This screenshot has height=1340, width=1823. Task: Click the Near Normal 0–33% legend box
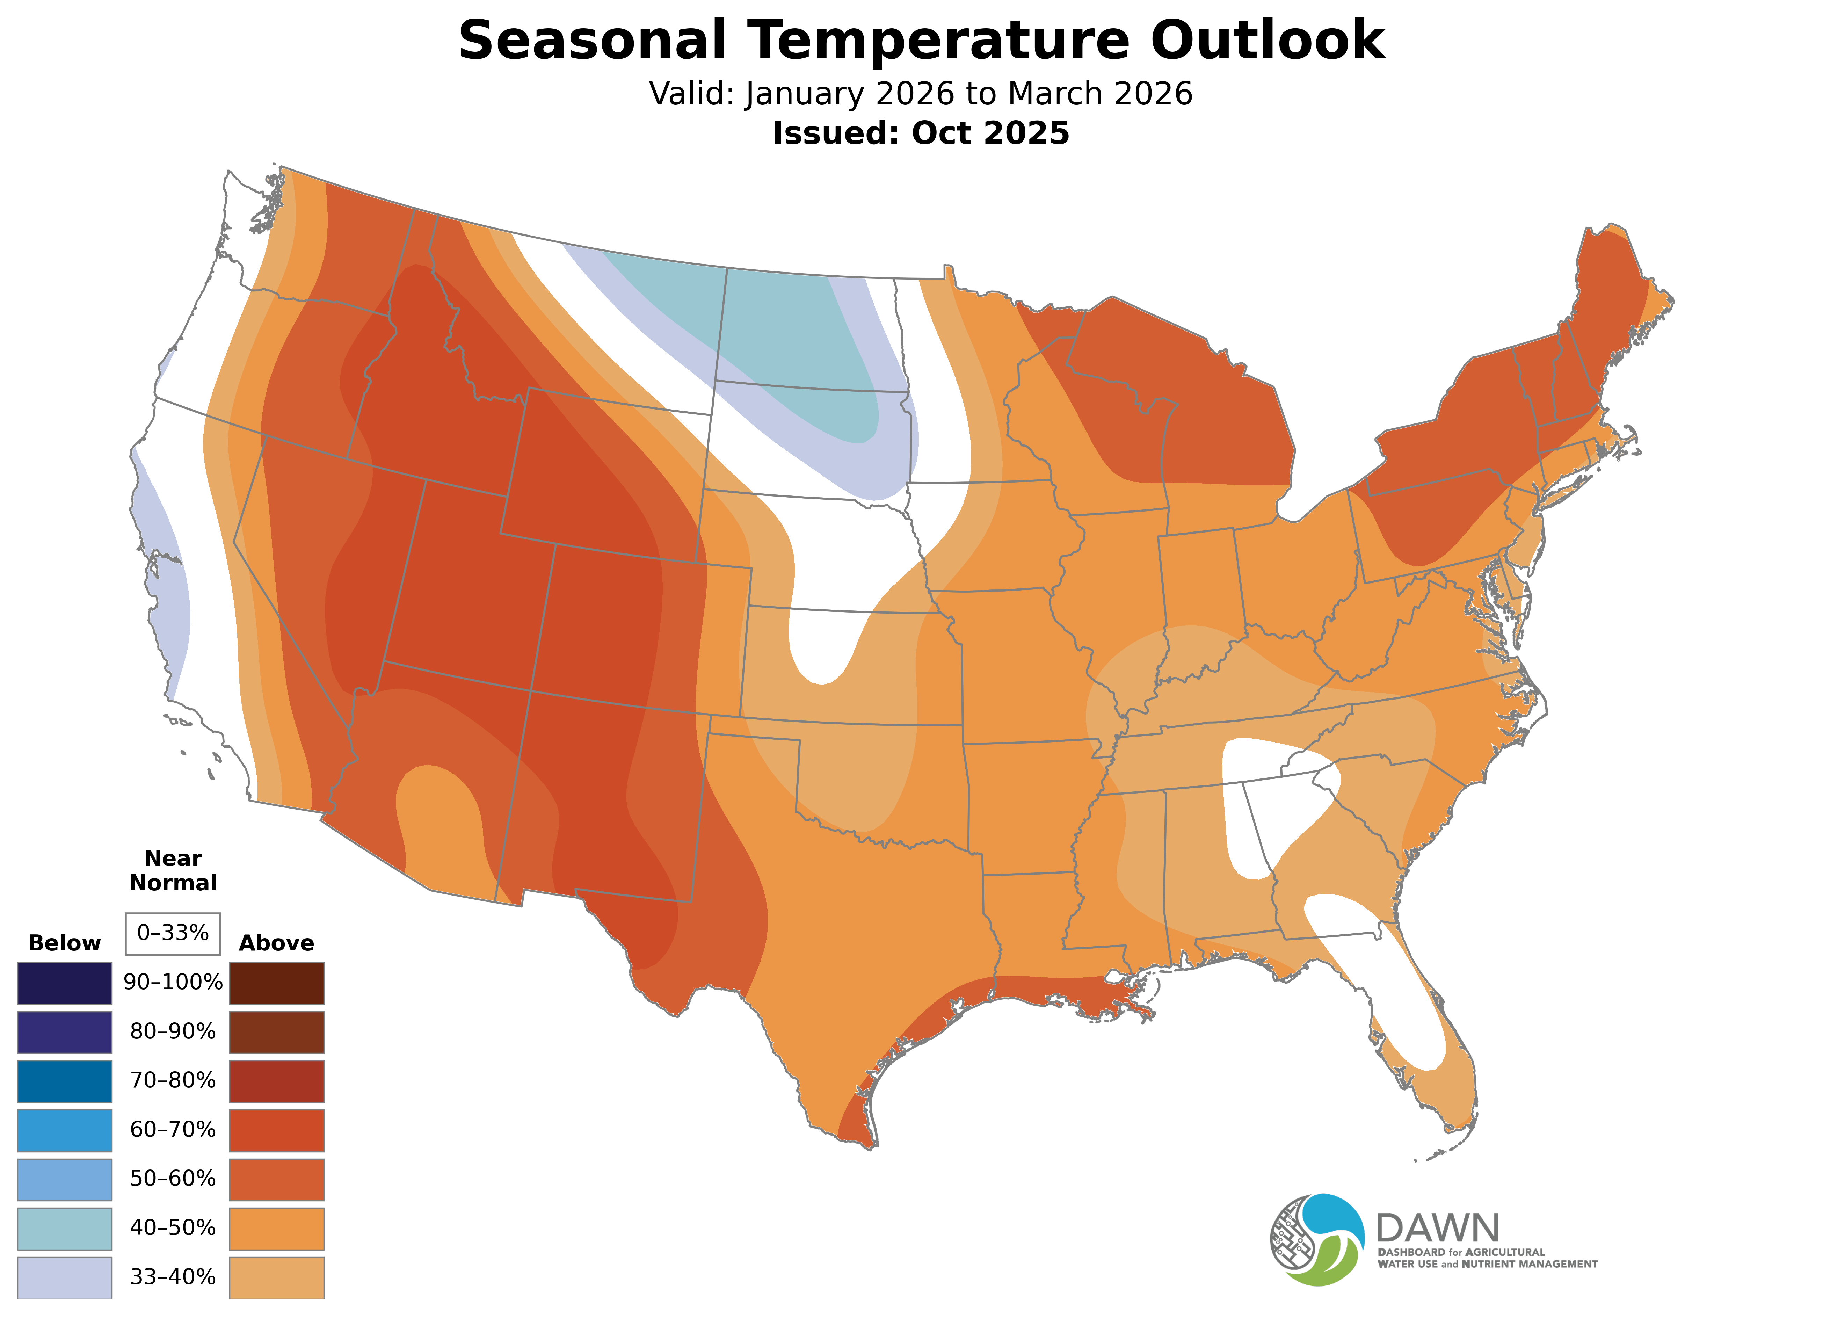tap(173, 933)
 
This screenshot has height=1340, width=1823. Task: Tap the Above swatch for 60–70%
tap(277, 1130)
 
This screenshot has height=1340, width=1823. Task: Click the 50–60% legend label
tap(173, 1179)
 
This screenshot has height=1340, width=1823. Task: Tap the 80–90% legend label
tap(173, 1032)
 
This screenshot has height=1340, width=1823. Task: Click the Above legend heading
tap(277, 943)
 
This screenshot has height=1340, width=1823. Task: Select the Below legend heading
tap(64, 943)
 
